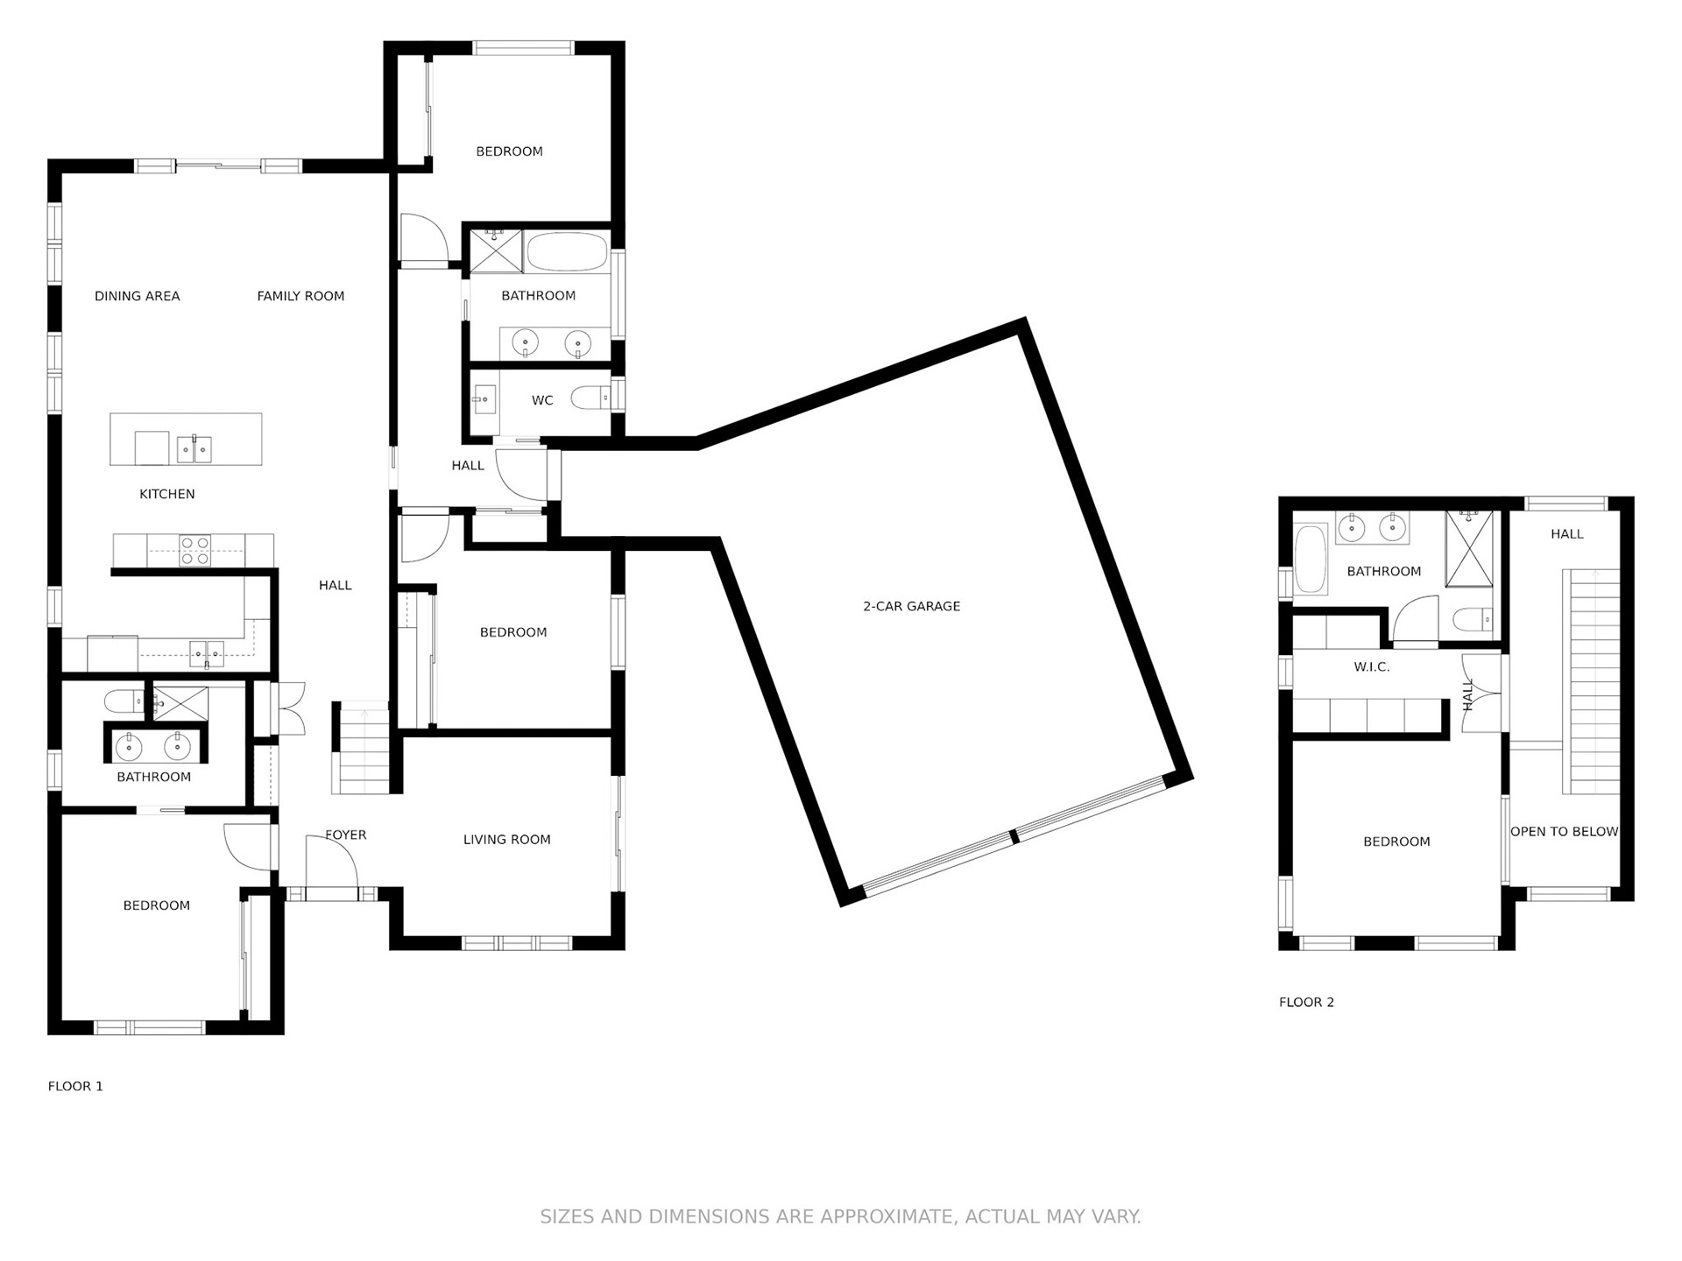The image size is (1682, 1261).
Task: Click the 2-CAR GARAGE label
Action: pos(911,606)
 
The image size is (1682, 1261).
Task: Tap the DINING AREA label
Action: pos(137,296)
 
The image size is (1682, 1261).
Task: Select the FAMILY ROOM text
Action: pos(300,296)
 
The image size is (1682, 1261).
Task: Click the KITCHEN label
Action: pos(167,494)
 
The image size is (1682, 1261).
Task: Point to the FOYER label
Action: pos(346,835)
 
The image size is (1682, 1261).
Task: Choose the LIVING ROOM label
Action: pos(507,839)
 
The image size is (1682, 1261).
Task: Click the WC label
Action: pos(542,400)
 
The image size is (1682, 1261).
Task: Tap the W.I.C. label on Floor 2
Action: pos(1372,666)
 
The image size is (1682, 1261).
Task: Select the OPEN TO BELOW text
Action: pos(1565,831)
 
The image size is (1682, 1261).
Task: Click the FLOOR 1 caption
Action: pos(75,1086)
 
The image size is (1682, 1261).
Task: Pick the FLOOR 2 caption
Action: pos(1306,1002)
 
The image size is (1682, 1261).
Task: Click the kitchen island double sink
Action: pos(194,449)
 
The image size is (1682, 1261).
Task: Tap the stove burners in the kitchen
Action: pos(194,550)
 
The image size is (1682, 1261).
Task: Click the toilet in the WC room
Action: pos(590,399)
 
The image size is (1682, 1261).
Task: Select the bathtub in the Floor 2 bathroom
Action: pos(1311,559)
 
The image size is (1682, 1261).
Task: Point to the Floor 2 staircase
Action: pos(1591,681)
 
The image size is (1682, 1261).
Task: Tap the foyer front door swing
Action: pos(332,862)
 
